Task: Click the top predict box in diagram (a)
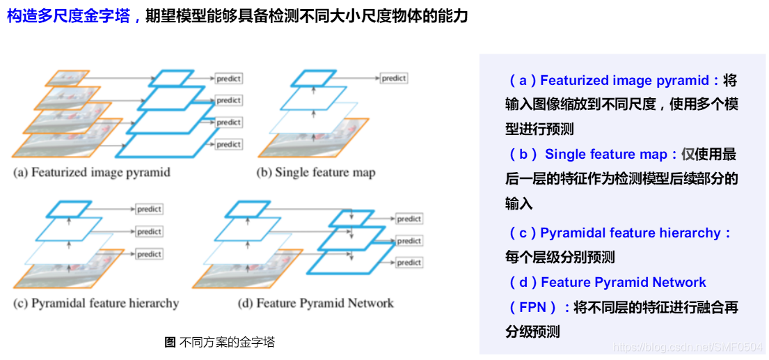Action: [228, 79]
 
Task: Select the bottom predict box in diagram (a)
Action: [228, 144]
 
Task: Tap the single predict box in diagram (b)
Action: [394, 79]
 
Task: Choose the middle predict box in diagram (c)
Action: [149, 231]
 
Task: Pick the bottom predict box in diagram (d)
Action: [409, 263]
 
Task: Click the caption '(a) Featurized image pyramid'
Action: [91, 172]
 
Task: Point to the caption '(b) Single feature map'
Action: [316, 172]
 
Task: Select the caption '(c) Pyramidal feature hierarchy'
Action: [96, 303]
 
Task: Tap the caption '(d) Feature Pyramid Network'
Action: [315, 303]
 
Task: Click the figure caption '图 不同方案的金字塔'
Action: [219, 342]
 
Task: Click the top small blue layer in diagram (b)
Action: [313, 78]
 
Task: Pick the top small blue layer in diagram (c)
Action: [69, 208]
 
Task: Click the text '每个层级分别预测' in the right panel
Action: [560, 258]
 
